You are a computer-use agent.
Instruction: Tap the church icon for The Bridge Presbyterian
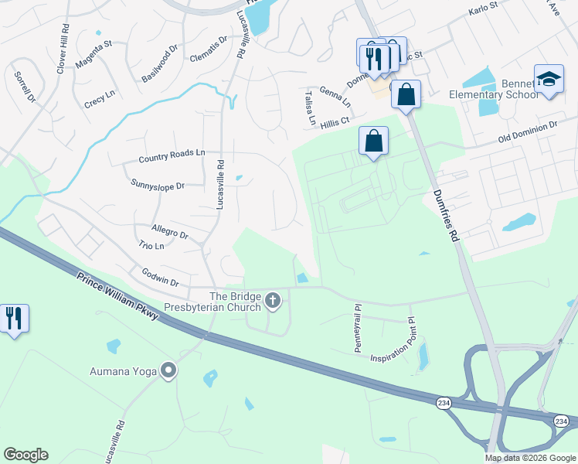(272, 299)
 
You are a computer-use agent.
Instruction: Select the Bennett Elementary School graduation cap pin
(549, 80)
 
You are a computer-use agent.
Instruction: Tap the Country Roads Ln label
(172, 157)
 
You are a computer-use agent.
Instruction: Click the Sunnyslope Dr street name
(158, 185)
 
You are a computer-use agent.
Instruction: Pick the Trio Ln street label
(151, 246)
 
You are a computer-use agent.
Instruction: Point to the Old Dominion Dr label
(527, 132)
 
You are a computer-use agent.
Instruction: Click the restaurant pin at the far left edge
(14, 318)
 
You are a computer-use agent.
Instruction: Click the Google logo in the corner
(25, 455)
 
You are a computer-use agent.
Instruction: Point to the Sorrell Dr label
(25, 87)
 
